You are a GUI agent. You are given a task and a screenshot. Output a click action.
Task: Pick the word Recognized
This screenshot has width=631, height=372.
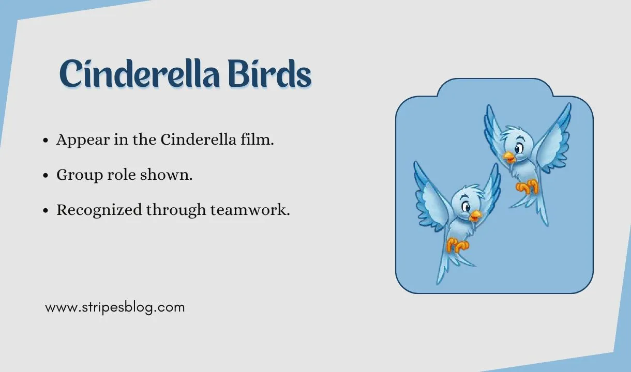point(99,210)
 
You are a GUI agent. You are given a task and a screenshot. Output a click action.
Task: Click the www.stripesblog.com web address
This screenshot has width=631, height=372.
point(114,307)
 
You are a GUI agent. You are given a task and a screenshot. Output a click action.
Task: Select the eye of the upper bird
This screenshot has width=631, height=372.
point(517,150)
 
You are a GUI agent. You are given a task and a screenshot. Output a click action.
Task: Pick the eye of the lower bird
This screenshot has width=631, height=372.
point(468,207)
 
